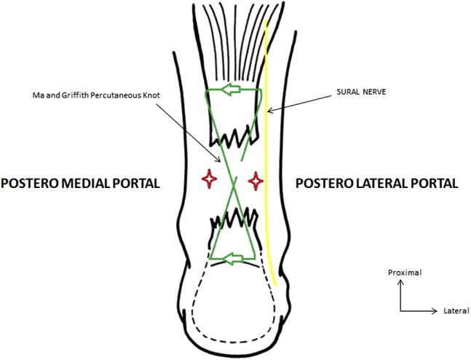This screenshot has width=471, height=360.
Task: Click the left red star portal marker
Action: click(x=209, y=178)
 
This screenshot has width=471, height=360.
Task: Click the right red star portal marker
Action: click(x=256, y=179)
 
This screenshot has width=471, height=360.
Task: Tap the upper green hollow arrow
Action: click(x=232, y=92)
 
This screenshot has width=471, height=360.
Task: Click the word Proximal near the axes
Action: click(x=404, y=273)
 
